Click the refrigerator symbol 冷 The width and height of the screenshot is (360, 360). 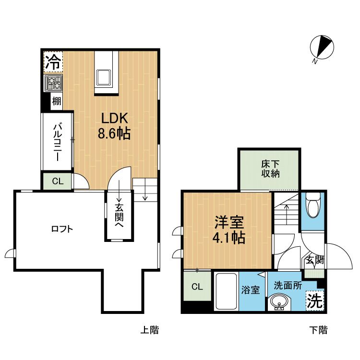pyautogui.click(x=53, y=62)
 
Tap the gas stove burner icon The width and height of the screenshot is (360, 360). pyautogui.click(x=53, y=83)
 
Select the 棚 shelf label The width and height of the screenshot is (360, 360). pyautogui.click(x=57, y=101)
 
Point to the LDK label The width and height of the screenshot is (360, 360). pyautogui.click(x=114, y=118)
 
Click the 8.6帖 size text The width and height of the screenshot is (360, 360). pyautogui.click(x=114, y=133)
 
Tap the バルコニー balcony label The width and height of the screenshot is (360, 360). pyautogui.click(x=57, y=142)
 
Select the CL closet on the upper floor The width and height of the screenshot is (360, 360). pyautogui.click(x=58, y=181)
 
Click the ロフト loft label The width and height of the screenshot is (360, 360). pyautogui.click(x=62, y=229)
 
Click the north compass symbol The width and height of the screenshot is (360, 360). pyautogui.click(x=322, y=48)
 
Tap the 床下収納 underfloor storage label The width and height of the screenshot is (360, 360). pyautogui.click(x=270, y=169)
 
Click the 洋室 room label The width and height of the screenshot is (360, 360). pyautogui.click(x=229, y=222)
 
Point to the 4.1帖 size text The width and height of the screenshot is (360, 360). pyautogui.click(x=229, y=238)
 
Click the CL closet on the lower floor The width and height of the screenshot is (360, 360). pyautogui.click(x=197, y=287)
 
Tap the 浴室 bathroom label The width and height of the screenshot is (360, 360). pyautogui.click(x=250, y=290)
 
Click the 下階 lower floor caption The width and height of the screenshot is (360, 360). pyautogui.click(x=318, y=330)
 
